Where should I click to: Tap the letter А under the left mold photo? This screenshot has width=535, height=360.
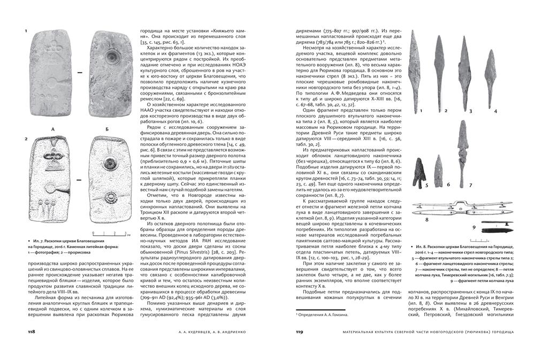(52, 129)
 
